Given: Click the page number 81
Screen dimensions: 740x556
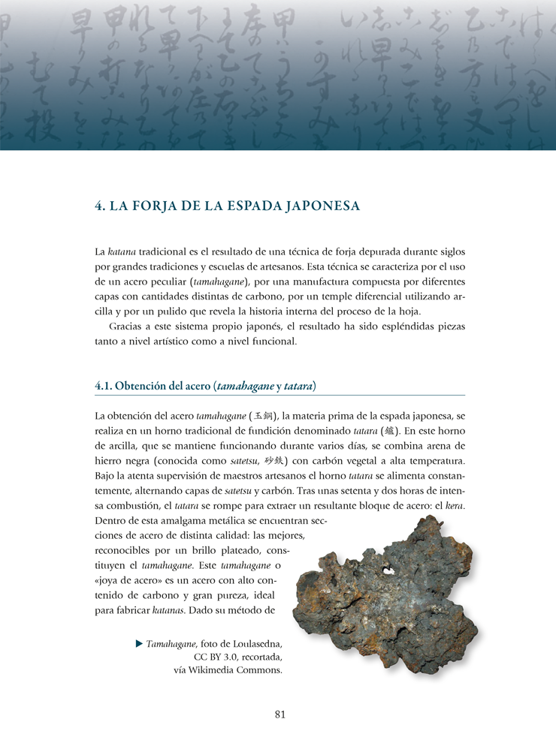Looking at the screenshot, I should coord(280,714).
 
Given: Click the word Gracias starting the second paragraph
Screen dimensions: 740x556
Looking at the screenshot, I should coord(125,326).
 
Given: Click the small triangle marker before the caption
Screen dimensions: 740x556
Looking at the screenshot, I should coord(138,644).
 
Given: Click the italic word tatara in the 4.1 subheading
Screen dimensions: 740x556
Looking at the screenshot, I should coord(299,386).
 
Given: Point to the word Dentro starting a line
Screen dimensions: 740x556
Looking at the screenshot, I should coord(112,520).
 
